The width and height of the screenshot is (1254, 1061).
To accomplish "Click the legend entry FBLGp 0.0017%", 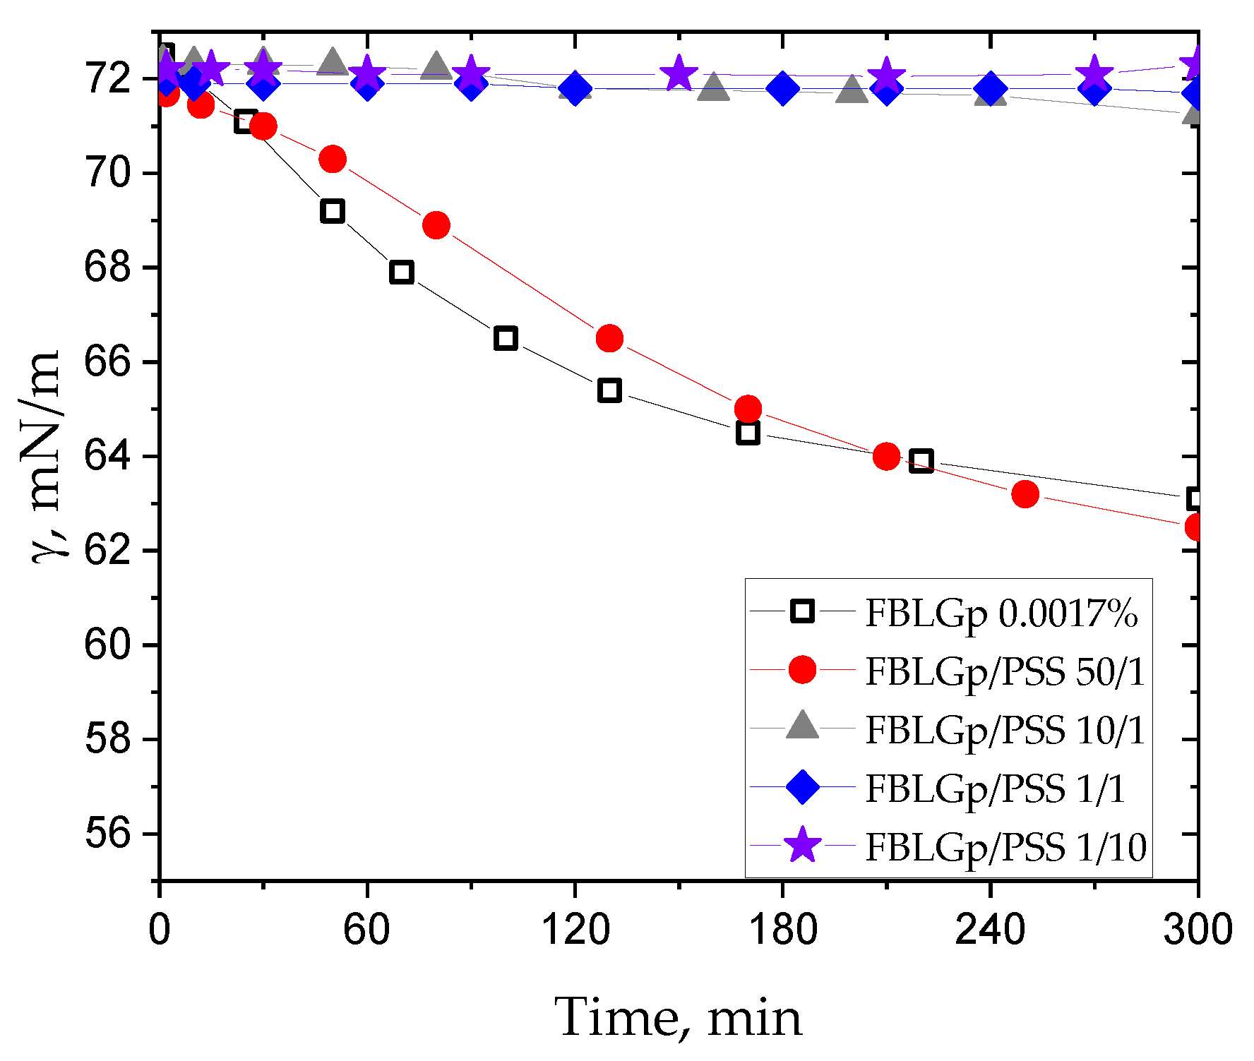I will coord(1001,612).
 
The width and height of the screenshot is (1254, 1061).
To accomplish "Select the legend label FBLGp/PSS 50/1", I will coord(1004,671).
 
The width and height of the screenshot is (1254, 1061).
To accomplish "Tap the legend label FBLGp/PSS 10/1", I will coord(1004,729).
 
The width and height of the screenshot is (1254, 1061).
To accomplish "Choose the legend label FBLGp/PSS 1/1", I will coord(994,788).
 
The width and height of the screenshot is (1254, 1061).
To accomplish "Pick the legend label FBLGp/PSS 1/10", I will coord(1005,846).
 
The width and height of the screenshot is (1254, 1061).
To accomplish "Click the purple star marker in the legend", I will coord(803,845).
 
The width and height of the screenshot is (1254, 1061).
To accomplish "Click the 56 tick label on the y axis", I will coord(107,834).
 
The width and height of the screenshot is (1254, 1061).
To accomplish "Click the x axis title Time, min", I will coord(678,1017).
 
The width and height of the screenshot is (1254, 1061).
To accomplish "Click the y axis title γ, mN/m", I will coord(44,456).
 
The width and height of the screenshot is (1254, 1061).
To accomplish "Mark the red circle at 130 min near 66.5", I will coord(609,339).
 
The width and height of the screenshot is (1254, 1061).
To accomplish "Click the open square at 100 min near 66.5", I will coord(506,338).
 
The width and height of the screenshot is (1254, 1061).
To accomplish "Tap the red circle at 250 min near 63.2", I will coord(1025,494).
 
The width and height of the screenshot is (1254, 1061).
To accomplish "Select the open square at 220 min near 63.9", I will coord(921,461).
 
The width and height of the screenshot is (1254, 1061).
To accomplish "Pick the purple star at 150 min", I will coord(679,73).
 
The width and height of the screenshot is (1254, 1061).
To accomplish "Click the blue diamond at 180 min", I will coord(782,88).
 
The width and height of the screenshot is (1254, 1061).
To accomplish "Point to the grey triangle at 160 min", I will coord(713,88).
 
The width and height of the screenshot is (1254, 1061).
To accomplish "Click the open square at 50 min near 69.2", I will coord(332,211).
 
